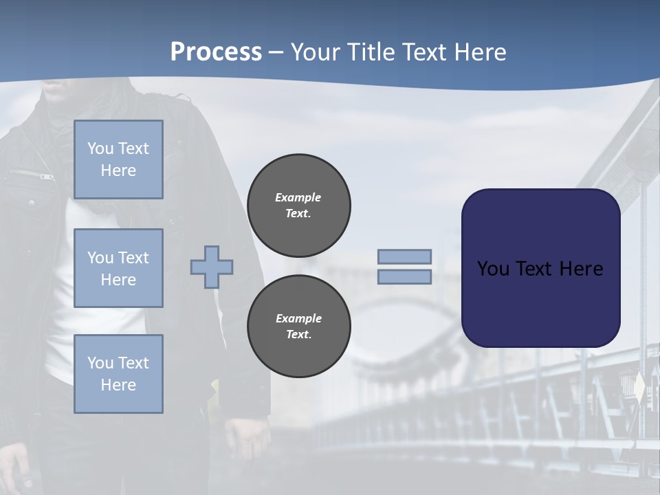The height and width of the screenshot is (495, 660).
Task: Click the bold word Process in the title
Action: [x=216, y=52]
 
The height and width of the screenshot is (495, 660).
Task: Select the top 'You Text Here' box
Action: [x=118, y=159]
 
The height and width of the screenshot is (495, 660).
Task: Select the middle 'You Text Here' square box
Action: [x=118, y=268]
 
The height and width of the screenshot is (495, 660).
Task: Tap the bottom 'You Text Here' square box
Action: [x=118, y=373]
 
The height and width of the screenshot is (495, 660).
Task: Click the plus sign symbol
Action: [x=212, y=267]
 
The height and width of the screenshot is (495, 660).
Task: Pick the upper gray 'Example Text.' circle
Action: [x=299, y=205]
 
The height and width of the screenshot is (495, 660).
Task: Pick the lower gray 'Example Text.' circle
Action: [x=299, y=326]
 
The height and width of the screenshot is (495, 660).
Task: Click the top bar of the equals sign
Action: [x=405, y=256]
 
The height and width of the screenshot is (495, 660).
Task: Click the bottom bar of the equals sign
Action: [x=405, y=276]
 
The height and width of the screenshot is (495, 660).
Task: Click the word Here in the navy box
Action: [x=582, y=269]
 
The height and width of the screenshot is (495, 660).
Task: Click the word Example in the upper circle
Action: [x=298, y=197]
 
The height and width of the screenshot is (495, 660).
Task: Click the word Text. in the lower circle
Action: [x=298, y=335]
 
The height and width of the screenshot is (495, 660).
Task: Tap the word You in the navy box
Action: [x=493, y=269]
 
